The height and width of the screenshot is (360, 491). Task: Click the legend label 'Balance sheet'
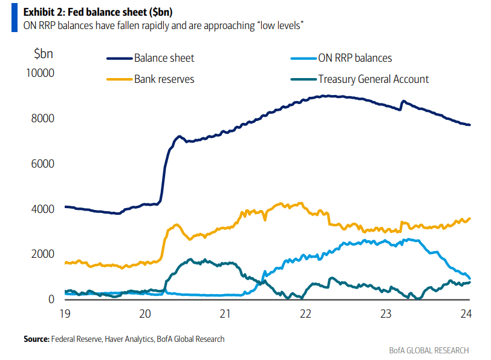click(164, 59)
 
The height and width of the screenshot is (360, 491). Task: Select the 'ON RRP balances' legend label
click(355, 59)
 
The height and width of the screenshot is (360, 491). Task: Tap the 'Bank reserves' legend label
click(164, 79)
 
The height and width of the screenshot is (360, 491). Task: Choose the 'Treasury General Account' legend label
click(373, 79)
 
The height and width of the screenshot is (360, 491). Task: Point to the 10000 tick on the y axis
click(39, 73)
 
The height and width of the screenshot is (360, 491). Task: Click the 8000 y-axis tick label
click(42, 119)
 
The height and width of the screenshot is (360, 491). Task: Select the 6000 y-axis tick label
click(42, 164)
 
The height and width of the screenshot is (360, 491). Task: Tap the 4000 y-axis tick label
click(42, 209)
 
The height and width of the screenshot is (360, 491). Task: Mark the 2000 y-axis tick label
click(42, 255)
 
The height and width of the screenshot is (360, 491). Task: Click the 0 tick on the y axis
click(51, 299)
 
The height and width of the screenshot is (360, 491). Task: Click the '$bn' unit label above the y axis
click(44, 53)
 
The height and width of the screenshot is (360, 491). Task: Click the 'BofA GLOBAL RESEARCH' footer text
click(429, 351)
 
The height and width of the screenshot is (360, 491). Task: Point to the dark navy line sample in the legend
click(119, 59)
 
